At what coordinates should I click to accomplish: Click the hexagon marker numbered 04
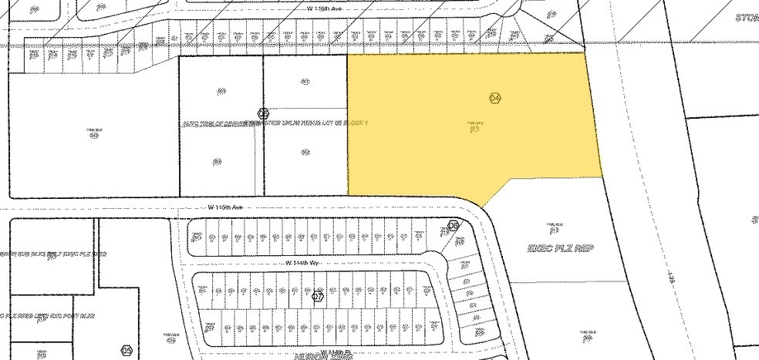click(x=495, y=98)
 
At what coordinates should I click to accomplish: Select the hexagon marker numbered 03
click(x=263, y=113)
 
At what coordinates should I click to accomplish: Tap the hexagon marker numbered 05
click(x=454, y=226)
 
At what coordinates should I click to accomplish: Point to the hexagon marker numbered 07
click(x=317, y=295)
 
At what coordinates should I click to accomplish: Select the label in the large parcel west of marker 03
click(x=94, y=134)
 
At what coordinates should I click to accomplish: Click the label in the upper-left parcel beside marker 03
click(x=221, y=91)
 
